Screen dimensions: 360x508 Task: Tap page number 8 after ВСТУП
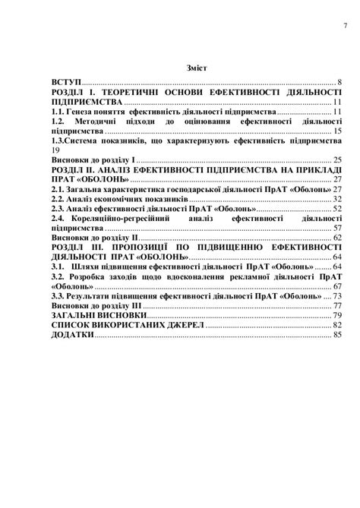[x=341, y=81]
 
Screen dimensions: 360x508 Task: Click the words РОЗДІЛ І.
[x=76, y=91]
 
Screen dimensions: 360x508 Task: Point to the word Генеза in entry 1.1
[x=87, y=111]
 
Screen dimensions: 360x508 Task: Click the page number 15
[x=338, y=131]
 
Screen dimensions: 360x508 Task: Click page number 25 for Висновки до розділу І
[x=338, y=160]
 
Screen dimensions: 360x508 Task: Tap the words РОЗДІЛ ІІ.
[x=77, y=170]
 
